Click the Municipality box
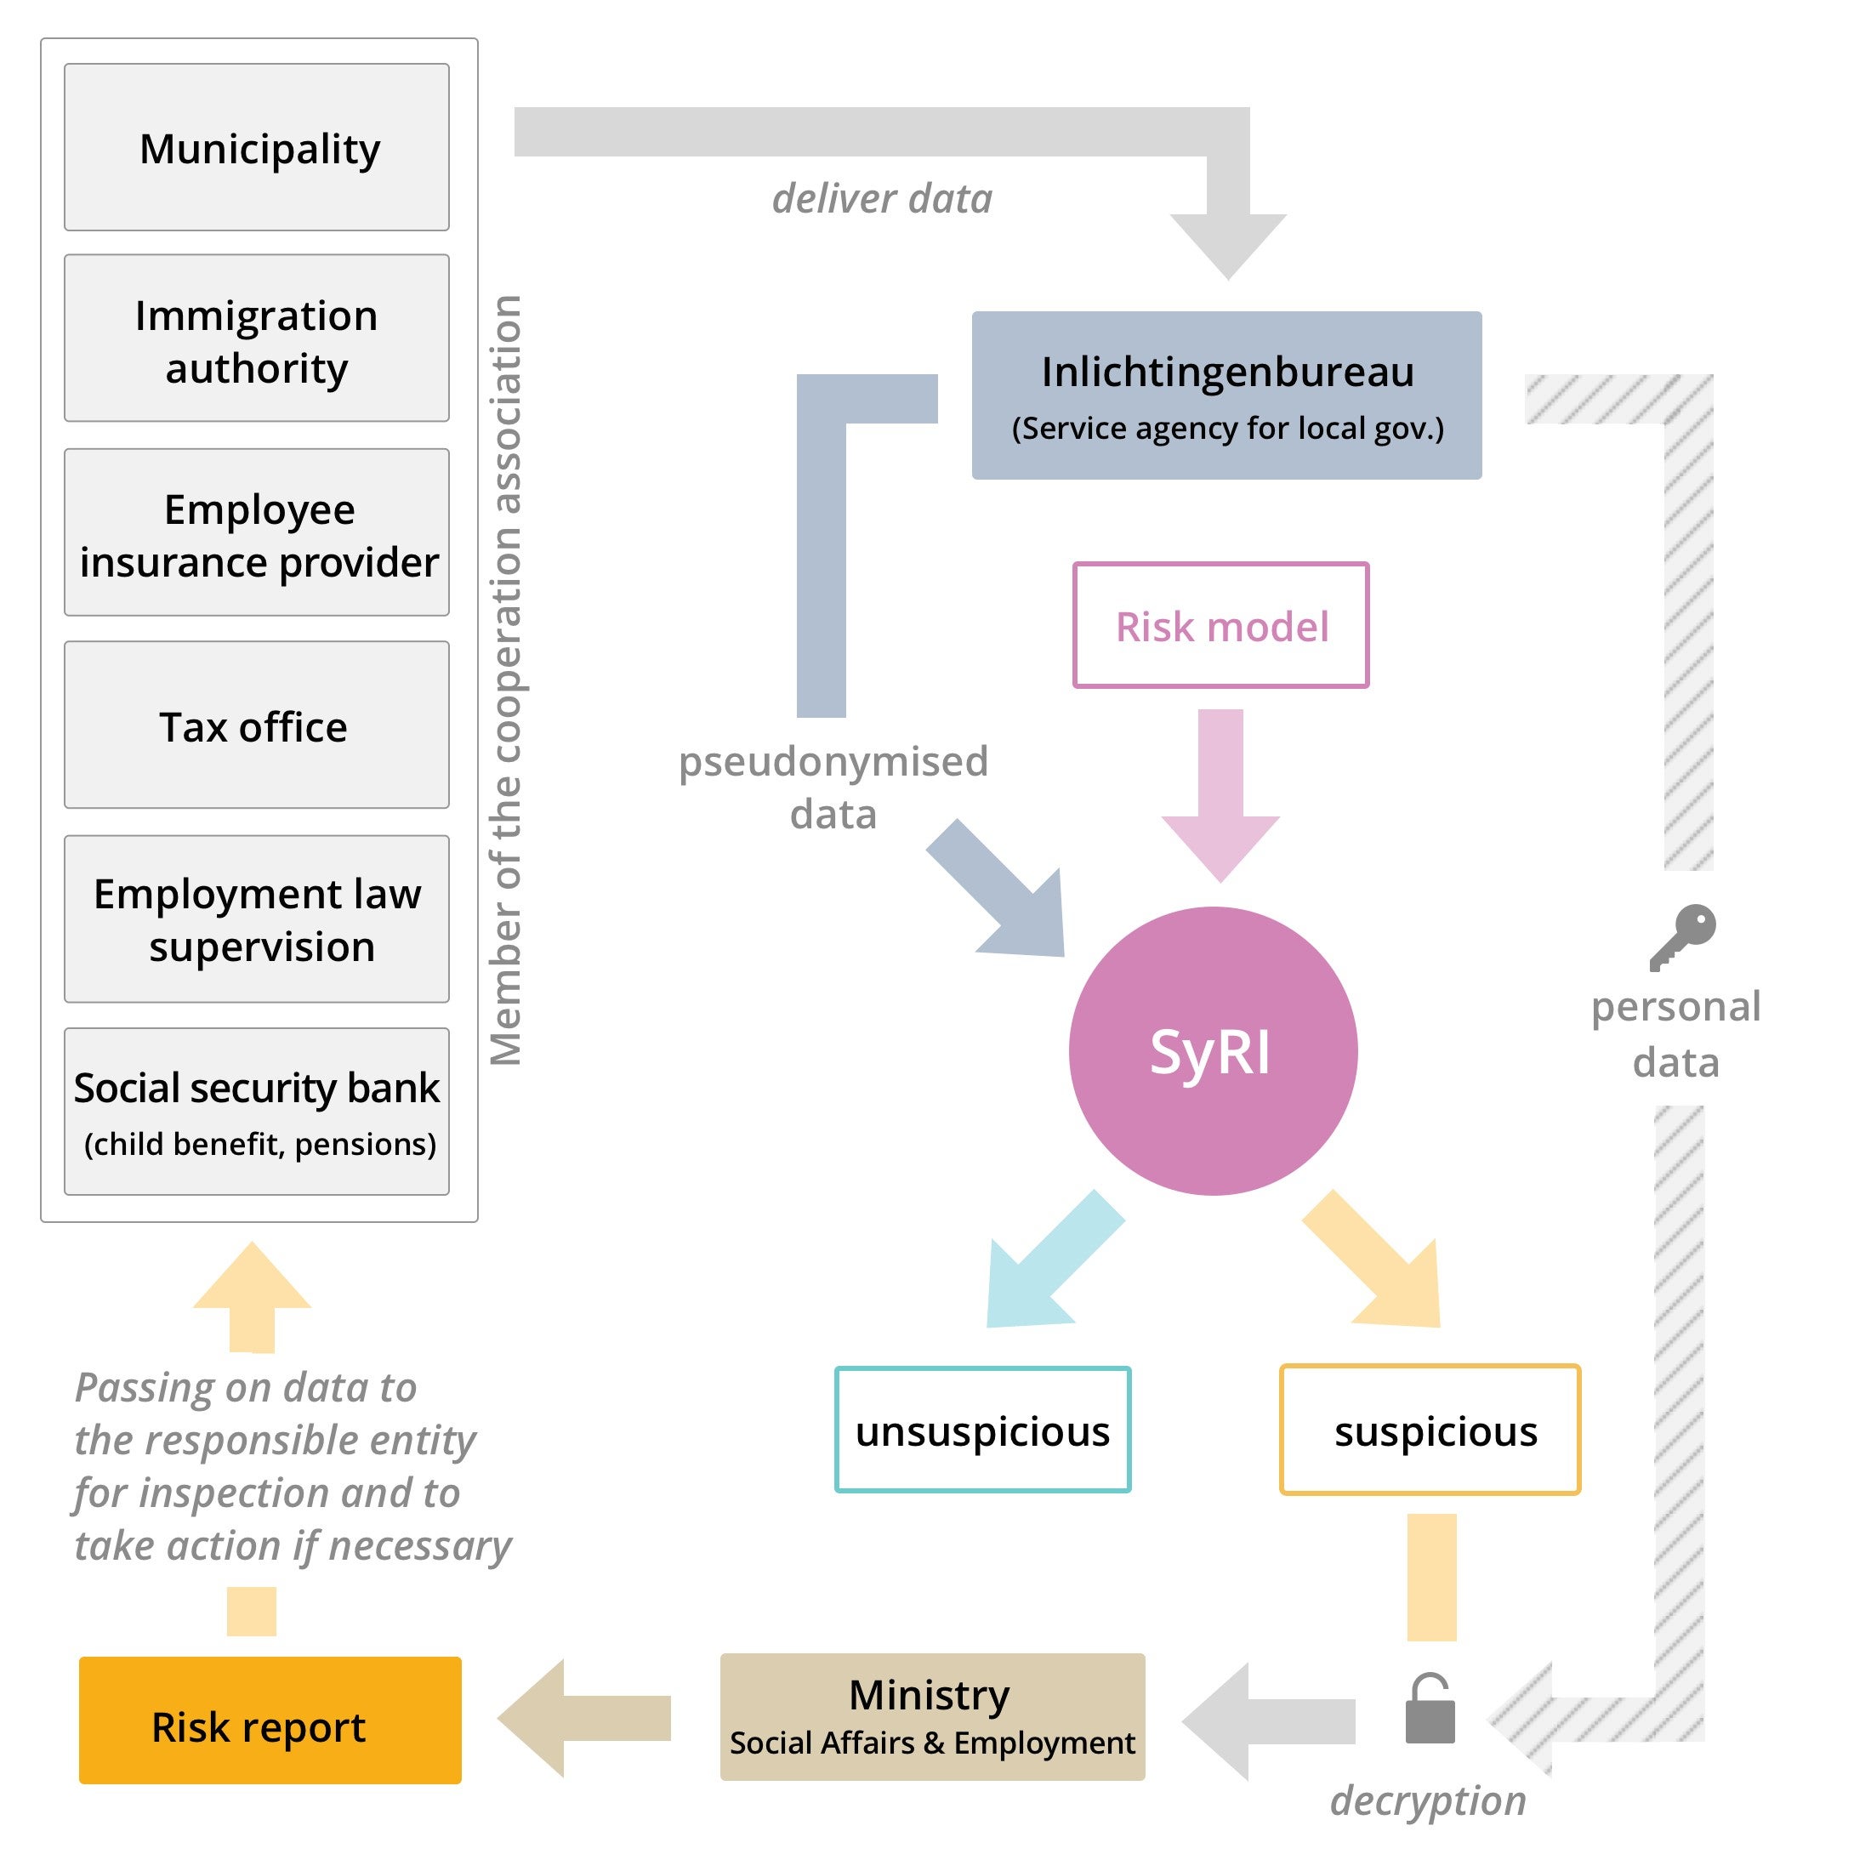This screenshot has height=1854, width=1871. pos(257,147)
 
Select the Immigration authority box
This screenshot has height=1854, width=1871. pos(257,338)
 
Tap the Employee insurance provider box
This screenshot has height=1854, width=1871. pos(257,532)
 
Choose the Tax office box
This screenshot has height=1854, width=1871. pos(257,725)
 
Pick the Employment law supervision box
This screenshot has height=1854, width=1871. pos(257,918)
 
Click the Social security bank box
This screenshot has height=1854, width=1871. pos(257,1111)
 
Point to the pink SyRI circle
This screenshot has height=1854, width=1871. pos(1213,1051)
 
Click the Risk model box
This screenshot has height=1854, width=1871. pos(1220,626)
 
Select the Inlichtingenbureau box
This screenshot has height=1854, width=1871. pos(1226,395)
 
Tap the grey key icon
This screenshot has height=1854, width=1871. pos(1683,936)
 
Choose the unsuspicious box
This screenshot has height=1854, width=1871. pos(982,1430)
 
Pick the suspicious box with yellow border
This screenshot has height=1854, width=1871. pos(1430,1430)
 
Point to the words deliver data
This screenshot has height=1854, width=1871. pos(882,198)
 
